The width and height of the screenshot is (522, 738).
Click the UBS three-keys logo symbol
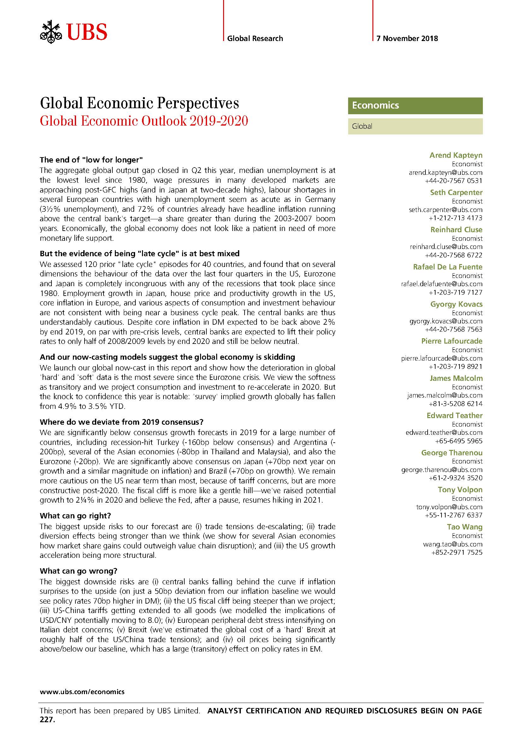click(50, 32)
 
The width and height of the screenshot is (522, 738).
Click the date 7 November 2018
click(407, 38)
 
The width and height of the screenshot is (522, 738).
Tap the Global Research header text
click(255, 38)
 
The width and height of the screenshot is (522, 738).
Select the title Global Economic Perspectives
click(139, 103)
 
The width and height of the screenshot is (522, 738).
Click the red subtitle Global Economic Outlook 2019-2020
click(144, 121)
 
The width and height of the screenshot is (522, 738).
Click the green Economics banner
click(415, 105)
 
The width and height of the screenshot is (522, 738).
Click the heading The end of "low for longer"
click(91, 160)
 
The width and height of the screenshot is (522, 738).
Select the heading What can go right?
click(75, 516)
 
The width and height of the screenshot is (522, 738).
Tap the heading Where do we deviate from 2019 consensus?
click(122, 422)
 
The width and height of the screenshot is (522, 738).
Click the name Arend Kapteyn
click(456, 155)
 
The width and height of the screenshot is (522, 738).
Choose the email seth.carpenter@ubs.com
click(446, 210)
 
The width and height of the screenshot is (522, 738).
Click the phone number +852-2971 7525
click(457, 552)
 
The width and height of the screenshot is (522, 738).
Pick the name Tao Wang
click(465, 527)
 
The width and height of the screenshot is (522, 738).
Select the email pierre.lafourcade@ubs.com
click(442, 358)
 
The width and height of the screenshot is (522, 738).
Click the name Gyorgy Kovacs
click(456, 304)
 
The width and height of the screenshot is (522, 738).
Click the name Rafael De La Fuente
click(448, 267)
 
